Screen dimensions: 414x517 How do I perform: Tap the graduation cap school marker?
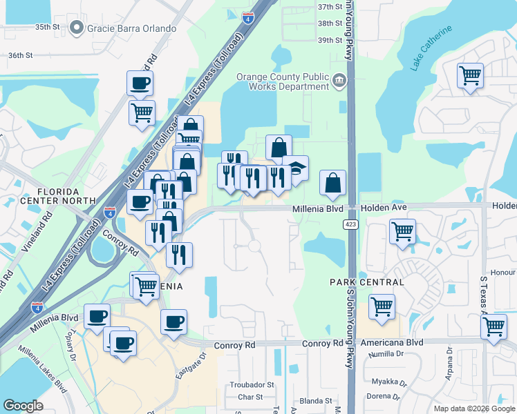[295, 170]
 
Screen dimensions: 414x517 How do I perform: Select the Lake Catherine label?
[431, 48]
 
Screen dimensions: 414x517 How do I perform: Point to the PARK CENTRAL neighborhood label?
[366, 282]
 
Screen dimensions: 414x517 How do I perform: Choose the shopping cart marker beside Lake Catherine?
[470, 75]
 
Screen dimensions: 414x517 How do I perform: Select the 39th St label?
[330, 40]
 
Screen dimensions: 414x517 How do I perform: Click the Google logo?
[23, 406]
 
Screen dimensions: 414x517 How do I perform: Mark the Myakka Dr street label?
[388, 382]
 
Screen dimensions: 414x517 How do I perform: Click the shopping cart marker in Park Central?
[382, 307]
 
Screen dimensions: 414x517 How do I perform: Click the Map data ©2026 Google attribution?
[473, 408]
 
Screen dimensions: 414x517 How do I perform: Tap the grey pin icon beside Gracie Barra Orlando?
[76, 28]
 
